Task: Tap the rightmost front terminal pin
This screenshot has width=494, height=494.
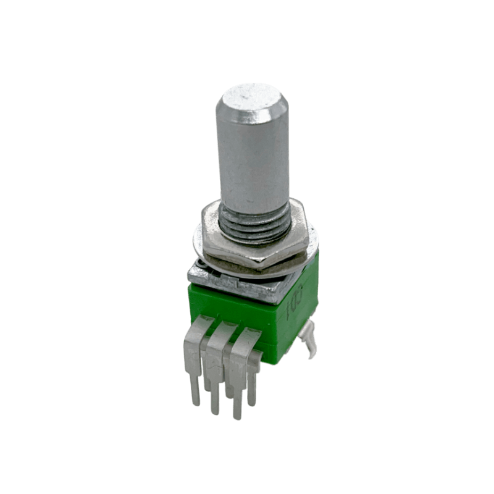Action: pos(238,383)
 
